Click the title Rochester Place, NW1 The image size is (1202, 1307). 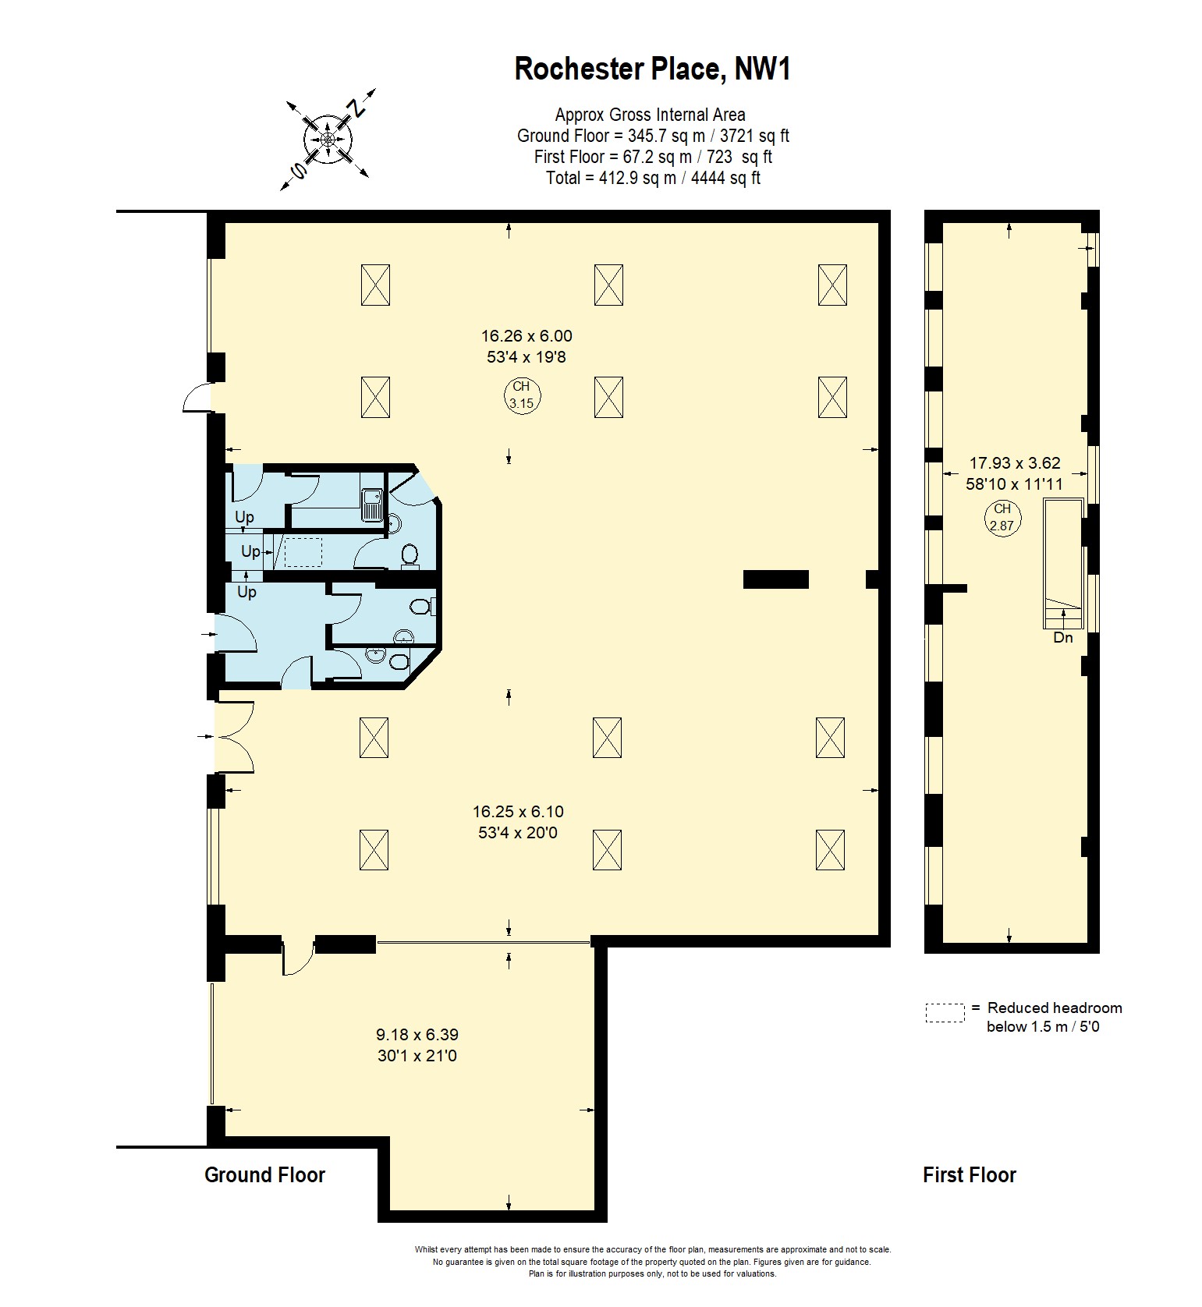653,69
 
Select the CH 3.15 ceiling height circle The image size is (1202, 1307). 521,395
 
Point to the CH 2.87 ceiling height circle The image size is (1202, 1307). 1002,517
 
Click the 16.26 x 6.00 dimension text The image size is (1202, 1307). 527,336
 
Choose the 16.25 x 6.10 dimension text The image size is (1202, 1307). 518,811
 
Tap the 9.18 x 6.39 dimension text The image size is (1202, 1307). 417,1035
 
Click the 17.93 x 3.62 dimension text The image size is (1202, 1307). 1015,463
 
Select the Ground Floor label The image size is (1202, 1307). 264,1175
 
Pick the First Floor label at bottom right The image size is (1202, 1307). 970,1175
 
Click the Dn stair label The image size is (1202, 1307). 1063,638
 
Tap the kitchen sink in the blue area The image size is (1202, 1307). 371,504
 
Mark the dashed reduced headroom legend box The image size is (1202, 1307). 945,1012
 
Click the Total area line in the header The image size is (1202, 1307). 653,178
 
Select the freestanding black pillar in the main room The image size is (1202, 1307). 775,579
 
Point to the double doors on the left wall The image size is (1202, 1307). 234,737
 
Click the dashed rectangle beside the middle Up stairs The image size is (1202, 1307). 303,552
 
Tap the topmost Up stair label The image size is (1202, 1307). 244,517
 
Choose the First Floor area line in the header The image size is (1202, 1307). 653,157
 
